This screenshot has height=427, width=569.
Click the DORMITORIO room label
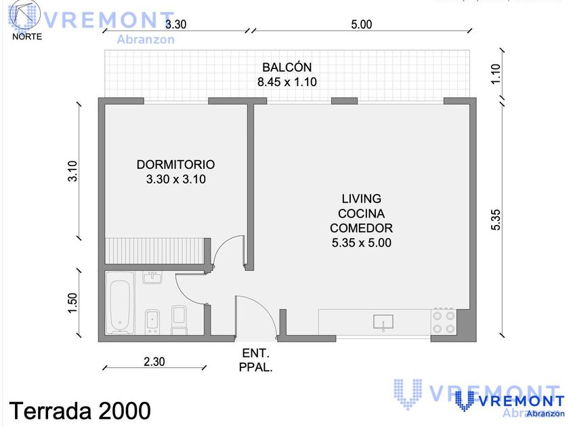point(175,165)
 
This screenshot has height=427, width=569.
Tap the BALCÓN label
point(287,67)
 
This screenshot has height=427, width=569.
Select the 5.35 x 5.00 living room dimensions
point(362,243)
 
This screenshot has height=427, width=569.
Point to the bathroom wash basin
point(152,278)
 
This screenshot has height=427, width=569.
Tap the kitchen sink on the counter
point(383,322)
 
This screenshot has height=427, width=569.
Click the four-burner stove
point(444,322)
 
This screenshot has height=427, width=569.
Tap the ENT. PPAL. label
point(255,360)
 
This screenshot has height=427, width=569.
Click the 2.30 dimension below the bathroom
point(154,362)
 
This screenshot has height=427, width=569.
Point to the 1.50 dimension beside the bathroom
point(72,302)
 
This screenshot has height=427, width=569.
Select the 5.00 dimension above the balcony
point(362,24)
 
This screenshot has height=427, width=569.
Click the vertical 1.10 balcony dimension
point(495,74)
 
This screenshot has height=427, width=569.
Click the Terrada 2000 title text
point(80,411)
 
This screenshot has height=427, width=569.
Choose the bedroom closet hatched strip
point(154,251)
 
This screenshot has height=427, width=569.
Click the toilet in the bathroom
point(179,319)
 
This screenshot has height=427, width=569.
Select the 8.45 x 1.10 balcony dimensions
point(287,82)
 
